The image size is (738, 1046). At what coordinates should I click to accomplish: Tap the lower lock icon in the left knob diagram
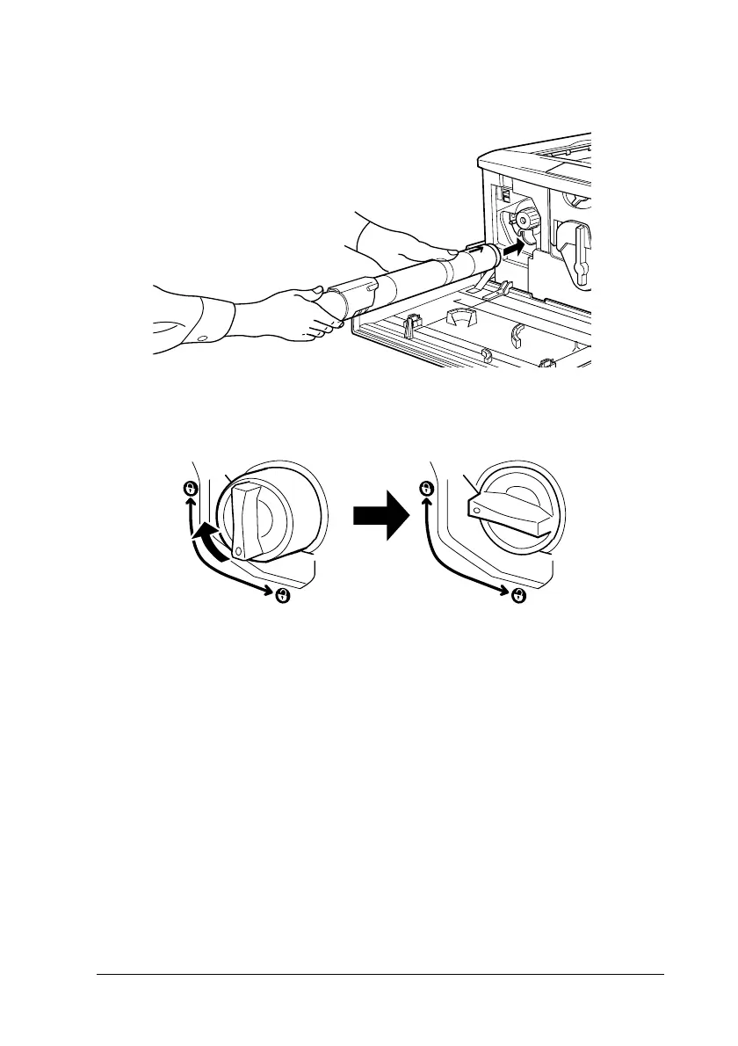(x=283, y=596)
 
